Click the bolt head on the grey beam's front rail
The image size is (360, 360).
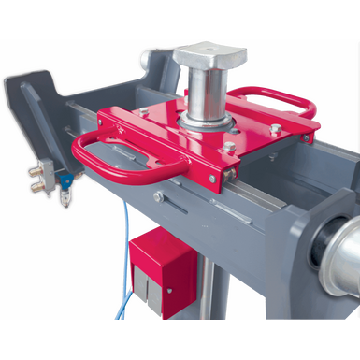point(160,197)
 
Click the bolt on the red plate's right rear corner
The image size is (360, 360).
point(275,131)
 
